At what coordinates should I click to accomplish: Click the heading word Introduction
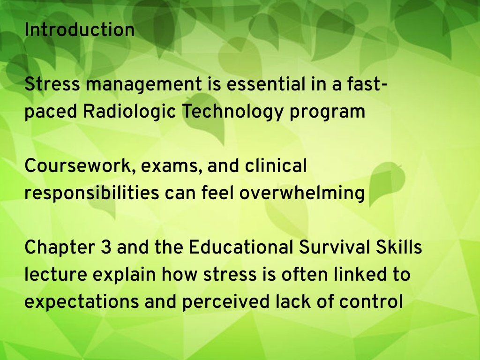pos(79,30)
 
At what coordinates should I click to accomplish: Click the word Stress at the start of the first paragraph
pos(52,84)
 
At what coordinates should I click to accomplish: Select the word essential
pos(266,84)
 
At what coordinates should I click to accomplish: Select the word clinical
pos(276,166)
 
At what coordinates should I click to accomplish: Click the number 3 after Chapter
pos(106,247)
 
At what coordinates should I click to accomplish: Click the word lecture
pos(56,275)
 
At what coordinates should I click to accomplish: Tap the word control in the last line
pos(371,301)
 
